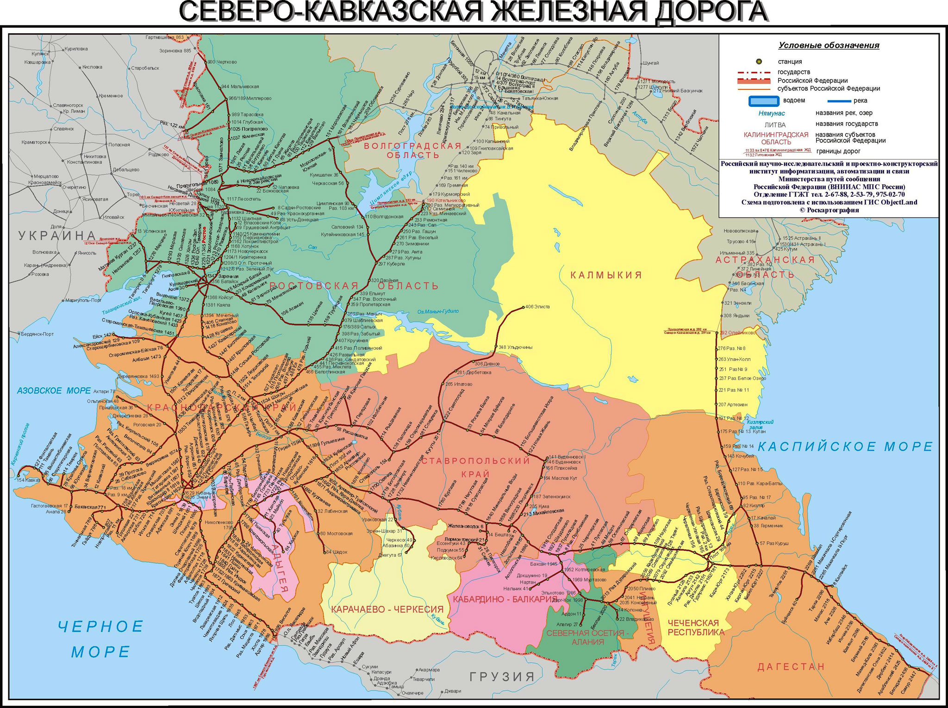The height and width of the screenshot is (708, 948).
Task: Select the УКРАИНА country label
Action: (57, 236)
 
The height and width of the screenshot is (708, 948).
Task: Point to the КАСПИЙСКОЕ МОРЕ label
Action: (845, 447)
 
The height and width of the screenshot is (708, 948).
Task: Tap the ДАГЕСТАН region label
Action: (791, 667)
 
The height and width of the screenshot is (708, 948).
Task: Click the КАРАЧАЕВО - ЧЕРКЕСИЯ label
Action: (387, 609)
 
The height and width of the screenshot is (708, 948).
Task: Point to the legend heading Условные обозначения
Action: (829, 45)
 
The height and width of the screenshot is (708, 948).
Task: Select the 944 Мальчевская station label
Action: (240, 87)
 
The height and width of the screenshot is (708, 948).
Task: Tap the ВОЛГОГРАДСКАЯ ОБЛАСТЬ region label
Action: (413, 150)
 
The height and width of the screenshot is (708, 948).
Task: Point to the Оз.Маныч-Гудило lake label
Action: (438, 311)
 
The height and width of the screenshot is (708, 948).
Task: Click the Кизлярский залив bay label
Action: (760, 425)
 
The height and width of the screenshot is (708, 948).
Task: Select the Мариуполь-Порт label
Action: (83, 300)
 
